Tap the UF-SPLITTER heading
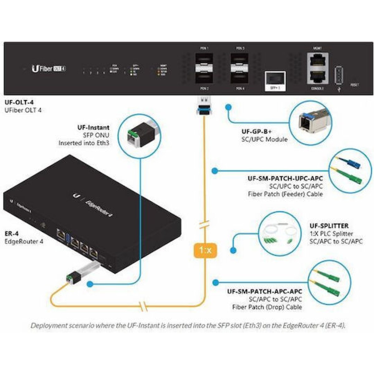pyautogui.click(x=329, y=226)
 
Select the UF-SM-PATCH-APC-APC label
pyautogui.click(x=265, y=292)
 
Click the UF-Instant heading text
pyautogui.click(x=93, y=127)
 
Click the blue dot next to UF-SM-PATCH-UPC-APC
pyautogui.click(x=214, y=171)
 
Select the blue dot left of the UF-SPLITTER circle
pyautogui.click(x=233, y=250)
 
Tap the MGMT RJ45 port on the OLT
pyautogui.click(x=318, y=60)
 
